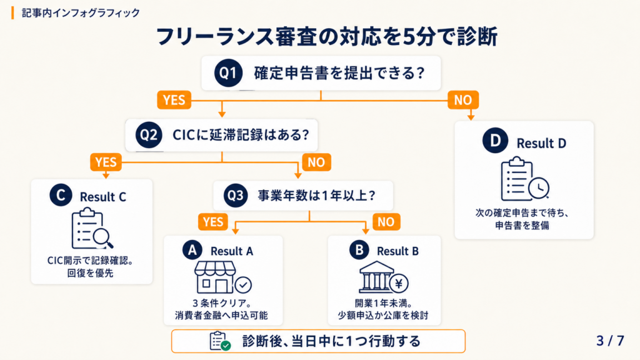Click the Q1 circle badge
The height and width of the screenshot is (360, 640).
[228, 73]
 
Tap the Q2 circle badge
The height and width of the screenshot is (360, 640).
[149, 135]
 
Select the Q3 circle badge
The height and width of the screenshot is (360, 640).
[236, 196]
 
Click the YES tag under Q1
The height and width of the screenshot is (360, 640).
[174, 100]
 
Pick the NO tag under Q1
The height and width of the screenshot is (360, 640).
[463, 100]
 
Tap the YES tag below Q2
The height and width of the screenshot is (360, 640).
[106, 162]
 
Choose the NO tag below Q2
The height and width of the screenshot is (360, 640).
[316, 162]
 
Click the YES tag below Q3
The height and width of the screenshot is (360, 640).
[213, 222]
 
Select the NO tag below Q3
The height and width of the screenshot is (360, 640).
[386, 222]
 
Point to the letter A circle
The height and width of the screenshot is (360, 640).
[192, 250]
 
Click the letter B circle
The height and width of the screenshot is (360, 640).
[359, 250]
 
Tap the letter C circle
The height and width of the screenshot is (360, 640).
[61, 195]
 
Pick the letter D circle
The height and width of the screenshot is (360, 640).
[495, 141]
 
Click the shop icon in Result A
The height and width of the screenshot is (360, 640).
[216, 277]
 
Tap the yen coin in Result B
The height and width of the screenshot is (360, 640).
[399, 283]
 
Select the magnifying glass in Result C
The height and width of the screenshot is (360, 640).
[102, 237]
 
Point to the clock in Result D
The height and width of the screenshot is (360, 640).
[539, 188]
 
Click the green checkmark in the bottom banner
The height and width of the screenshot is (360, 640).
[226, 346]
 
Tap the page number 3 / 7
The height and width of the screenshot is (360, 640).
[610, 341]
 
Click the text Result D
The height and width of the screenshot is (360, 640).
[542, 143]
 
